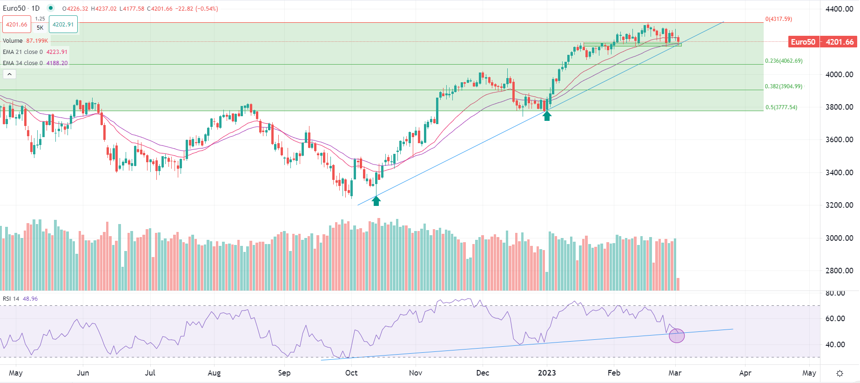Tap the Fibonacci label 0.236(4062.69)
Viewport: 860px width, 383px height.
(784, 61)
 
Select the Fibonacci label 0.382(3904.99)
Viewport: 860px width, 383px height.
(784, 86)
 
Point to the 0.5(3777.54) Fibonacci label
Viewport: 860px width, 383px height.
(781, 107)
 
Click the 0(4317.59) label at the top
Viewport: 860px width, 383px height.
(779, 19)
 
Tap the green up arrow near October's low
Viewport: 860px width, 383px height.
(376, 201)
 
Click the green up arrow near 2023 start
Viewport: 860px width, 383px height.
(547, 116)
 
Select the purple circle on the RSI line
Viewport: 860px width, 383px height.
(677, 336)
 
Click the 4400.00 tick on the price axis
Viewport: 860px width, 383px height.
(839, 9)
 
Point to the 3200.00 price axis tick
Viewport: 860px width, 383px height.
(839, 205)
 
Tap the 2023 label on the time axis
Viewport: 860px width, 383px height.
(547, 373)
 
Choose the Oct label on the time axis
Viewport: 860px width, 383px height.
(351, 373)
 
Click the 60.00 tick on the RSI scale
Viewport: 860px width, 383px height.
(835, 318)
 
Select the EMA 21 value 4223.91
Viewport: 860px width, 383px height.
(57, 52)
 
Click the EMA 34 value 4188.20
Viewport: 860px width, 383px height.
(57, 63)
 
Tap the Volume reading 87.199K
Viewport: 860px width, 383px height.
(37, 41)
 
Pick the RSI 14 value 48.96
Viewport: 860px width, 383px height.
(30, 299)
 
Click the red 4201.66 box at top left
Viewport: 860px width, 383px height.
(17, 25)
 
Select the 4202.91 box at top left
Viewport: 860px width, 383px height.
(63, 25)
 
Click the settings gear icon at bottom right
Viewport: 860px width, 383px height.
(840, 373)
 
